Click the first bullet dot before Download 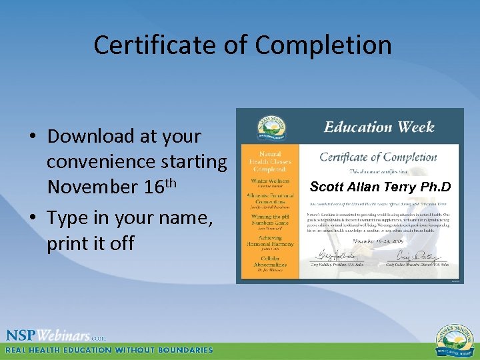pos(33,137)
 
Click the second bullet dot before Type pos(33,218)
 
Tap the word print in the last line pos(74,243)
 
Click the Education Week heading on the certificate pos(379,127)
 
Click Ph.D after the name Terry pos(435,187)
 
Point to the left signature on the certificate pos(331,255)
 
